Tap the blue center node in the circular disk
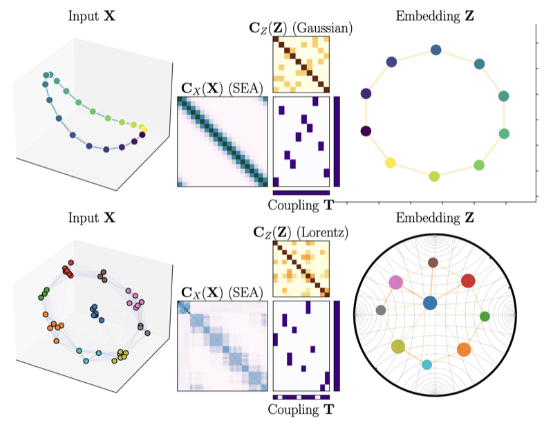430,303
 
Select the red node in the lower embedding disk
468,281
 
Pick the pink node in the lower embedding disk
396,281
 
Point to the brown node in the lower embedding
433,262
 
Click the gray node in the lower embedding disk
379,310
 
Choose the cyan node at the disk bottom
427,364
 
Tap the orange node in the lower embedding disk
463,349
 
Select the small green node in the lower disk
485,317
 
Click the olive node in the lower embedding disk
397,346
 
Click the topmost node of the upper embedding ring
435,50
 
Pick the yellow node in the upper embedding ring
391,162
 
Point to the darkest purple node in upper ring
366,131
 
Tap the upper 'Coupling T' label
301,205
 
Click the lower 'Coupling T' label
301,410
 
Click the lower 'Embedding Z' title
433,220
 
